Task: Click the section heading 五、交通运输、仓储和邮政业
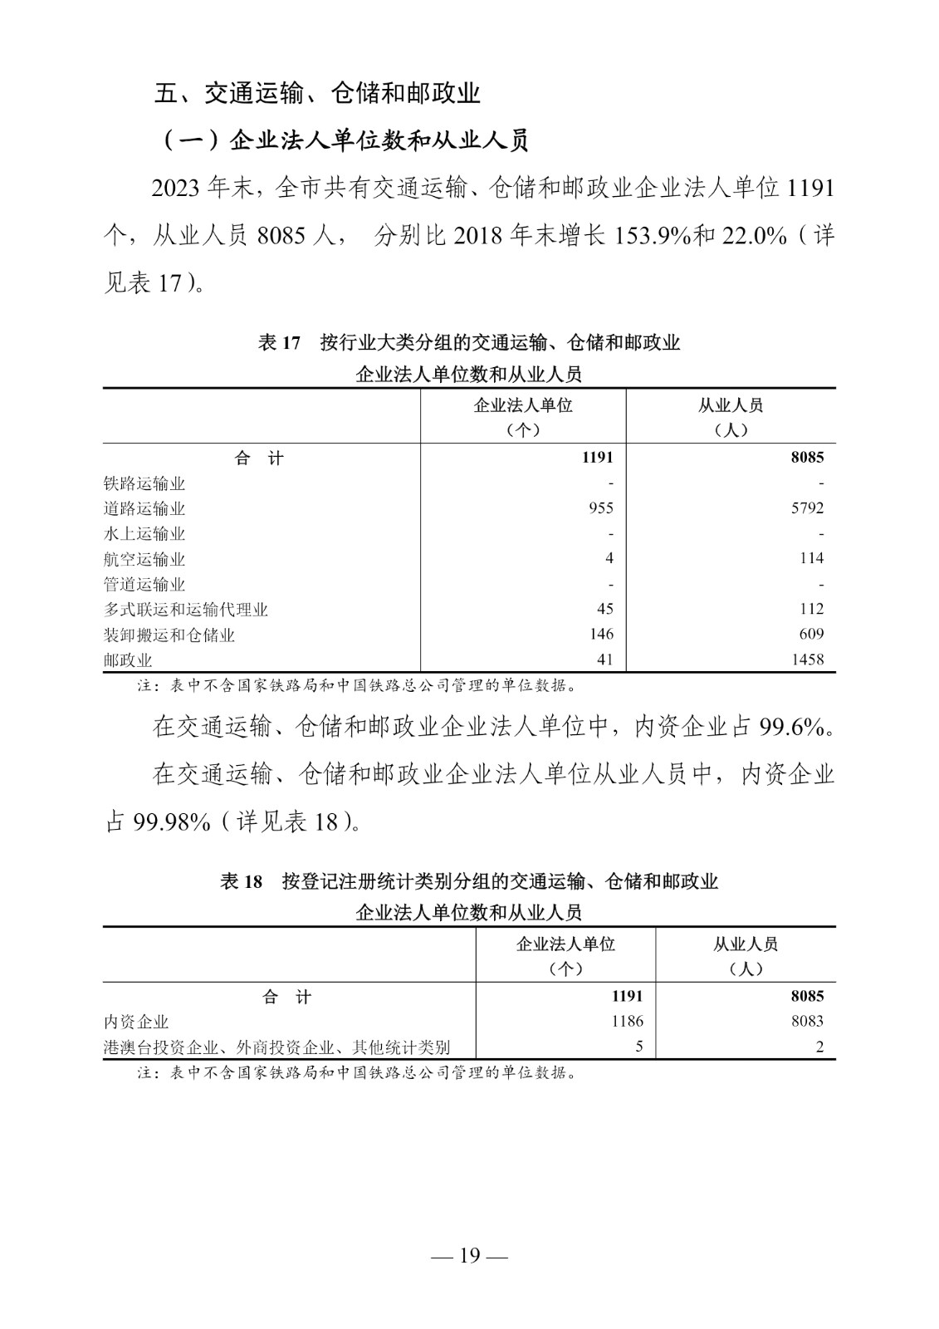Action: click(317, 93)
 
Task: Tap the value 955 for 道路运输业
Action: click(600, 508)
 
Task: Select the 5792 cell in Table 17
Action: click(807, 508)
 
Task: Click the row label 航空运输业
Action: click(144, 559)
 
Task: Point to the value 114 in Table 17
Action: click(811, 559)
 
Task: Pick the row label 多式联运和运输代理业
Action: click(186, 610)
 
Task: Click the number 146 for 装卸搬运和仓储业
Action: click(600, 635)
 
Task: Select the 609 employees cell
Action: click(811, 635)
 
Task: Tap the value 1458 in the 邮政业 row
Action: click(807, 660)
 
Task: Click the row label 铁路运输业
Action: click(144, 483)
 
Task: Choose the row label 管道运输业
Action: click(144, 585)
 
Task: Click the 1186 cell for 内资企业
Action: click(627, 1021)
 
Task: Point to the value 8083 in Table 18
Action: click(807, 1021)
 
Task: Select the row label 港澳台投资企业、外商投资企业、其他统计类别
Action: click(277, 1047)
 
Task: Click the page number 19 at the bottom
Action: click(470, 1255)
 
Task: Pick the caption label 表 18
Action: click(241, 881)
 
